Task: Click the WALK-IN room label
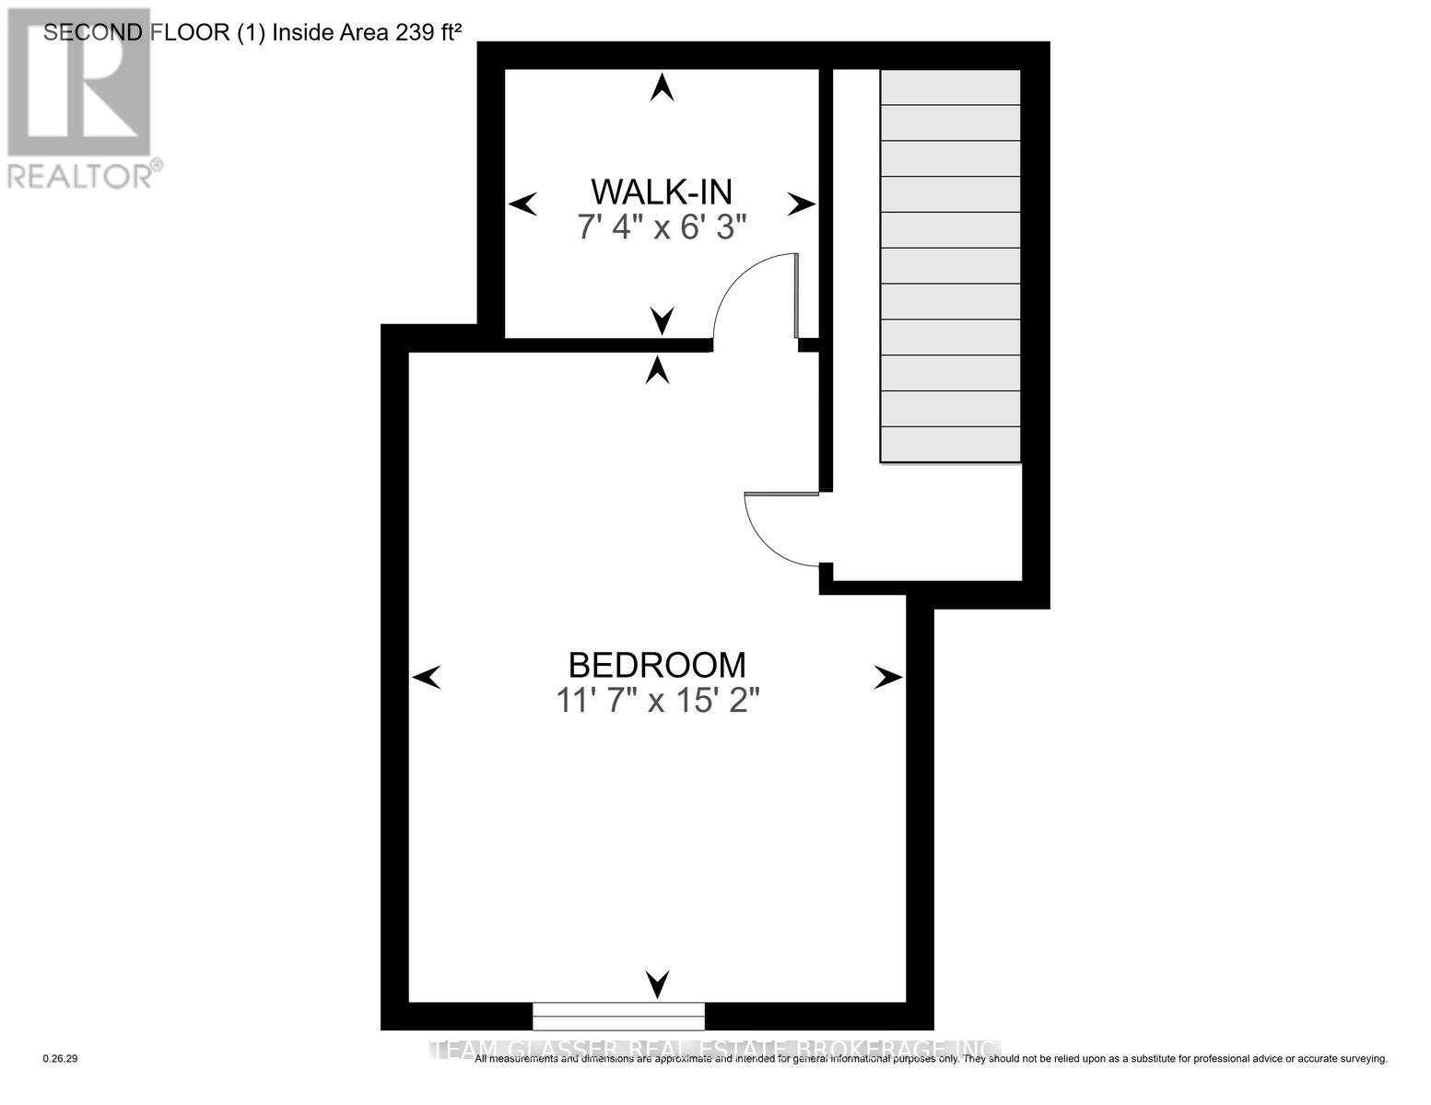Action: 661,192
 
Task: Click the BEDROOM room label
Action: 656,664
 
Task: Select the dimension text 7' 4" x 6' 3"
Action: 661,227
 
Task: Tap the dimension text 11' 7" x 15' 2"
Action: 656,702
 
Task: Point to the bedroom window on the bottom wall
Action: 618,1016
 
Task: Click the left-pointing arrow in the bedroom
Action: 426,679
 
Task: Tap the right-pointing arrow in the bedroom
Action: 888,679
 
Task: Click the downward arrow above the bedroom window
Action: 657,984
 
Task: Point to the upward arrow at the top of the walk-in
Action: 661,87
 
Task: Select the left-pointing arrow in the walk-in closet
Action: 523,204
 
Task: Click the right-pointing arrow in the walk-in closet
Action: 801,204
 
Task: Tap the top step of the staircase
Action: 950,87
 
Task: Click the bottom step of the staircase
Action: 950,444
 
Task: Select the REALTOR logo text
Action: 80,175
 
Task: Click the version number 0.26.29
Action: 61,1059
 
